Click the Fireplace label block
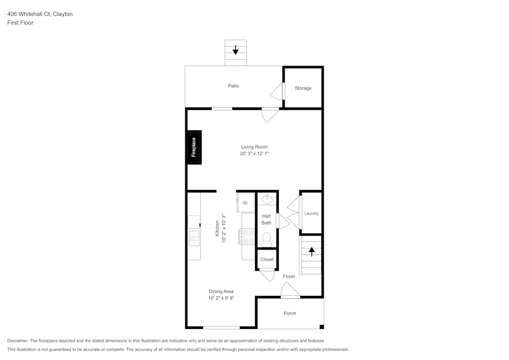click(x=193, y=148)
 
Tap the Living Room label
click(x=254, y=147)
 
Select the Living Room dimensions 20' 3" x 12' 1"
click(x=254, y=153)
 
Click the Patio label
click(x=233, y=86)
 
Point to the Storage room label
click(x=303, y=88)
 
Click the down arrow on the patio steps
click(x=236, y=50)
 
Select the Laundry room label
click(x=312, y=213)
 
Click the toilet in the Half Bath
click(x=266, y=239)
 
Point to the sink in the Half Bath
click(x=267, y=198)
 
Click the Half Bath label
click(x=266, y=219)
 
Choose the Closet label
click(x=267, y=259)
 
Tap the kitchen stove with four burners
click(x=248, y=236)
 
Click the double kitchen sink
click(x=194, y=237)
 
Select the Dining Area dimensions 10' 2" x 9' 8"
click(x=221, y=298)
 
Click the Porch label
click(x=290, y=313)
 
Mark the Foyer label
click(x=289, y=276)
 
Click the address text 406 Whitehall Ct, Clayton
click(x=40, y=14)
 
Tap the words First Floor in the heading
click(x=20, y=23)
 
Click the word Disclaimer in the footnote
click(x=18, y=341)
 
